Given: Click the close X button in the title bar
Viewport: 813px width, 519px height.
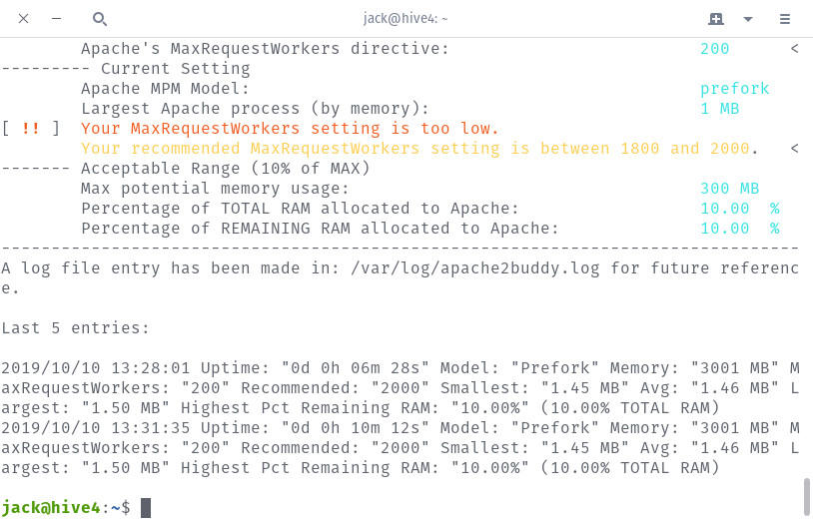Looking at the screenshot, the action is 23,19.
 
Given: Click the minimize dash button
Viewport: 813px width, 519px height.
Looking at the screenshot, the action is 57,19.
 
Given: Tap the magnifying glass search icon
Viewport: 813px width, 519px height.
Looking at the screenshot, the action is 100,19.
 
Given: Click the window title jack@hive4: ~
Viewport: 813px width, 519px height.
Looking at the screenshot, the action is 406,19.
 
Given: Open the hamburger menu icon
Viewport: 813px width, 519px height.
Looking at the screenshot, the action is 784,19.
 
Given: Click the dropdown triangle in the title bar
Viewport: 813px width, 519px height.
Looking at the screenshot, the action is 748,19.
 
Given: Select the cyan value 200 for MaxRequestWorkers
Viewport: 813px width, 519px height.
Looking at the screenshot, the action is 714,49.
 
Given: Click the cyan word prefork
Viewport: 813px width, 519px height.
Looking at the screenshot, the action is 734,89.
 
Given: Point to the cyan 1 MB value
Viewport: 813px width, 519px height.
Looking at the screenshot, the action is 720,109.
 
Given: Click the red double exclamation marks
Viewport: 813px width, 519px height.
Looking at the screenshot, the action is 31,128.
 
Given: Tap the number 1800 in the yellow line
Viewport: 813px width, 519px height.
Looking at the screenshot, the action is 640,149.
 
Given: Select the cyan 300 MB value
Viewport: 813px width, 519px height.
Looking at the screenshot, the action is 729,189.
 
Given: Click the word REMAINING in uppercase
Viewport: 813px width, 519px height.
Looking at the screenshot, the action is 266,229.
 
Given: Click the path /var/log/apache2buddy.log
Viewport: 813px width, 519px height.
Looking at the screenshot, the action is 475,268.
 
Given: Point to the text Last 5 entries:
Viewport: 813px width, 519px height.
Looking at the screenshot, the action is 75,328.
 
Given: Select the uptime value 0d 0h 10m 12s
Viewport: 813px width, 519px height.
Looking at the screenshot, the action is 355,428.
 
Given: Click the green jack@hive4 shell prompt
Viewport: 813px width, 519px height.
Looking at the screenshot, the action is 51,508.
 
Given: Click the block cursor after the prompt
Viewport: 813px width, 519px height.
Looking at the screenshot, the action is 146,508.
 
